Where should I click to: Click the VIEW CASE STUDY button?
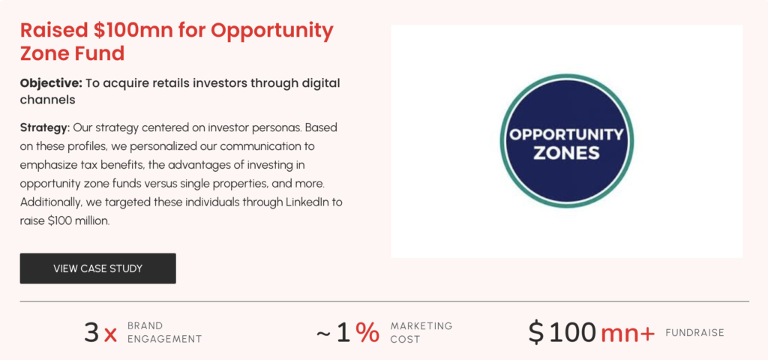(x=98, y=268)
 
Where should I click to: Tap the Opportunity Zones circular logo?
(x=567, y=141)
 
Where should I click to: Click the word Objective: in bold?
(x=51, y=83)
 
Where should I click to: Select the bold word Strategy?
(x=45, y=127)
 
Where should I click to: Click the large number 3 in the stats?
(x=91, y=332)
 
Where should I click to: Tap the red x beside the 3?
(x=111, y=335)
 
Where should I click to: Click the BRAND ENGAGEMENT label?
(x=164, y=332)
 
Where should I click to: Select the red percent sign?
(x=367, y=332)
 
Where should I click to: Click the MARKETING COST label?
(x=421, y=332)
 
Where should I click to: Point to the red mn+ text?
(x=628, y=334)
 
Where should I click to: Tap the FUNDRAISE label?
(x=694, y=333)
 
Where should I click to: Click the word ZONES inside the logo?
(x=566, y=153)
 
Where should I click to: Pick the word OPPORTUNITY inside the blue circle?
(x=566, y=133)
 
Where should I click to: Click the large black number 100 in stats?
(x=572, y=332)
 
